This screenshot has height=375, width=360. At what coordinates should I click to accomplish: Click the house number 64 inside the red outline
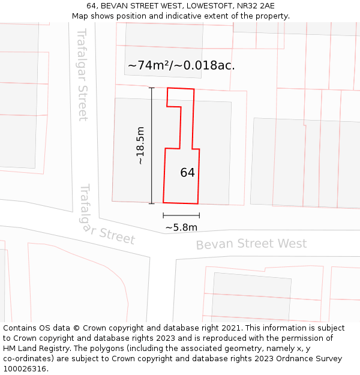click(x=187, y=173)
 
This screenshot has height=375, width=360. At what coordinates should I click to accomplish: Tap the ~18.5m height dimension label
click(x=140, y=146)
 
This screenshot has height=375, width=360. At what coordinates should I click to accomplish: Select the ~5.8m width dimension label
click(x=181, y=227)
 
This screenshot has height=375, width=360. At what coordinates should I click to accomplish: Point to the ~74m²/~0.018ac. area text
click(x=181, y=65)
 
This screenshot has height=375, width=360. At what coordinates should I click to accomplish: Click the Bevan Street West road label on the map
click(x=251, y=244)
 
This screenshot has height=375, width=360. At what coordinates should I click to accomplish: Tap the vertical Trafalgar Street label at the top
click(x=83, y=74)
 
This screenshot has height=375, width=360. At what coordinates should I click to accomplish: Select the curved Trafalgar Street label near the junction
click(x=106, y=216)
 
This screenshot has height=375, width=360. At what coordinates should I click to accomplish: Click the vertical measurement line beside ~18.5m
click(x=152, y=146)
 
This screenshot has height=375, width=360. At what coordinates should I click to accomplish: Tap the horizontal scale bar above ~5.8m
click(x=181, y=215)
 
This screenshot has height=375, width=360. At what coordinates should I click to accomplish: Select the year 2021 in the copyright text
click(x=232, y=328)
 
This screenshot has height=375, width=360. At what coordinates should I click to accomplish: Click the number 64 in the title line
click(x=92, y=6)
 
